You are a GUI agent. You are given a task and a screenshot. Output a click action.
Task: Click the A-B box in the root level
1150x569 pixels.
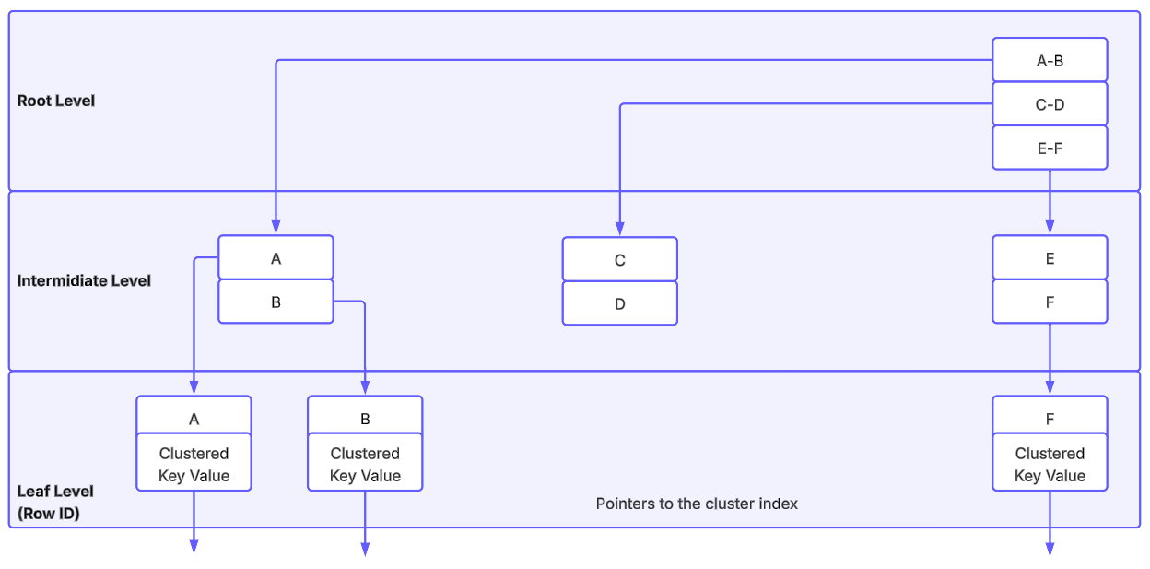point(1049,61)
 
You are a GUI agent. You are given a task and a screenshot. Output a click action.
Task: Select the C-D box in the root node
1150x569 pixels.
point(1049,104)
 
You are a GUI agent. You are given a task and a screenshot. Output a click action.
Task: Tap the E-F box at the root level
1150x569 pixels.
point(1049,148)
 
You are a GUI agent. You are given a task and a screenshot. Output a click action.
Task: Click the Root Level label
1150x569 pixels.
point(56,101)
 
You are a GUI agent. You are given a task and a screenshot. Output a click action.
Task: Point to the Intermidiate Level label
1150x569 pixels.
point(84,280)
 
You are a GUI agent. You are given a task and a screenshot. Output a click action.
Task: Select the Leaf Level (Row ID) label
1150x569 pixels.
point(55,503)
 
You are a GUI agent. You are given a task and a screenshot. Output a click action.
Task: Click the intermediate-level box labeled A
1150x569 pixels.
point(276,258)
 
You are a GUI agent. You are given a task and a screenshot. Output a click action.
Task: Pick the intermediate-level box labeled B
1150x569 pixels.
point(276,302)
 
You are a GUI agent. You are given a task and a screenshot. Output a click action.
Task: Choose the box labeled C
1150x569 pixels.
point(619,260)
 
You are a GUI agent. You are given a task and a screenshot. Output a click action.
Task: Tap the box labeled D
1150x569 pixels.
point(619,303)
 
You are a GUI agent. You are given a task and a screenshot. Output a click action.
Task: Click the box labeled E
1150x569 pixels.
point(1049,258)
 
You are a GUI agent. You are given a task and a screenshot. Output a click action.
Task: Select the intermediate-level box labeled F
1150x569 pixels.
point(1049,302)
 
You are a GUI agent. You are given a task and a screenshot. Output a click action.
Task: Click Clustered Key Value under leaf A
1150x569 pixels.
point(194,464)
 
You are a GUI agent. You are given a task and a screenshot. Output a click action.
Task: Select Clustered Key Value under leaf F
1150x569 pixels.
point(1049,464)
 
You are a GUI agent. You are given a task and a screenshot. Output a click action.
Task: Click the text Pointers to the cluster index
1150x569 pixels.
point(697,504)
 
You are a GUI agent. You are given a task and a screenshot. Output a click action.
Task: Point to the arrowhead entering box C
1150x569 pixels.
point(619,229)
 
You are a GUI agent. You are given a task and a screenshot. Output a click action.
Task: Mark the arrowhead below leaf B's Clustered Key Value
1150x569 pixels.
point(365,550)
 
